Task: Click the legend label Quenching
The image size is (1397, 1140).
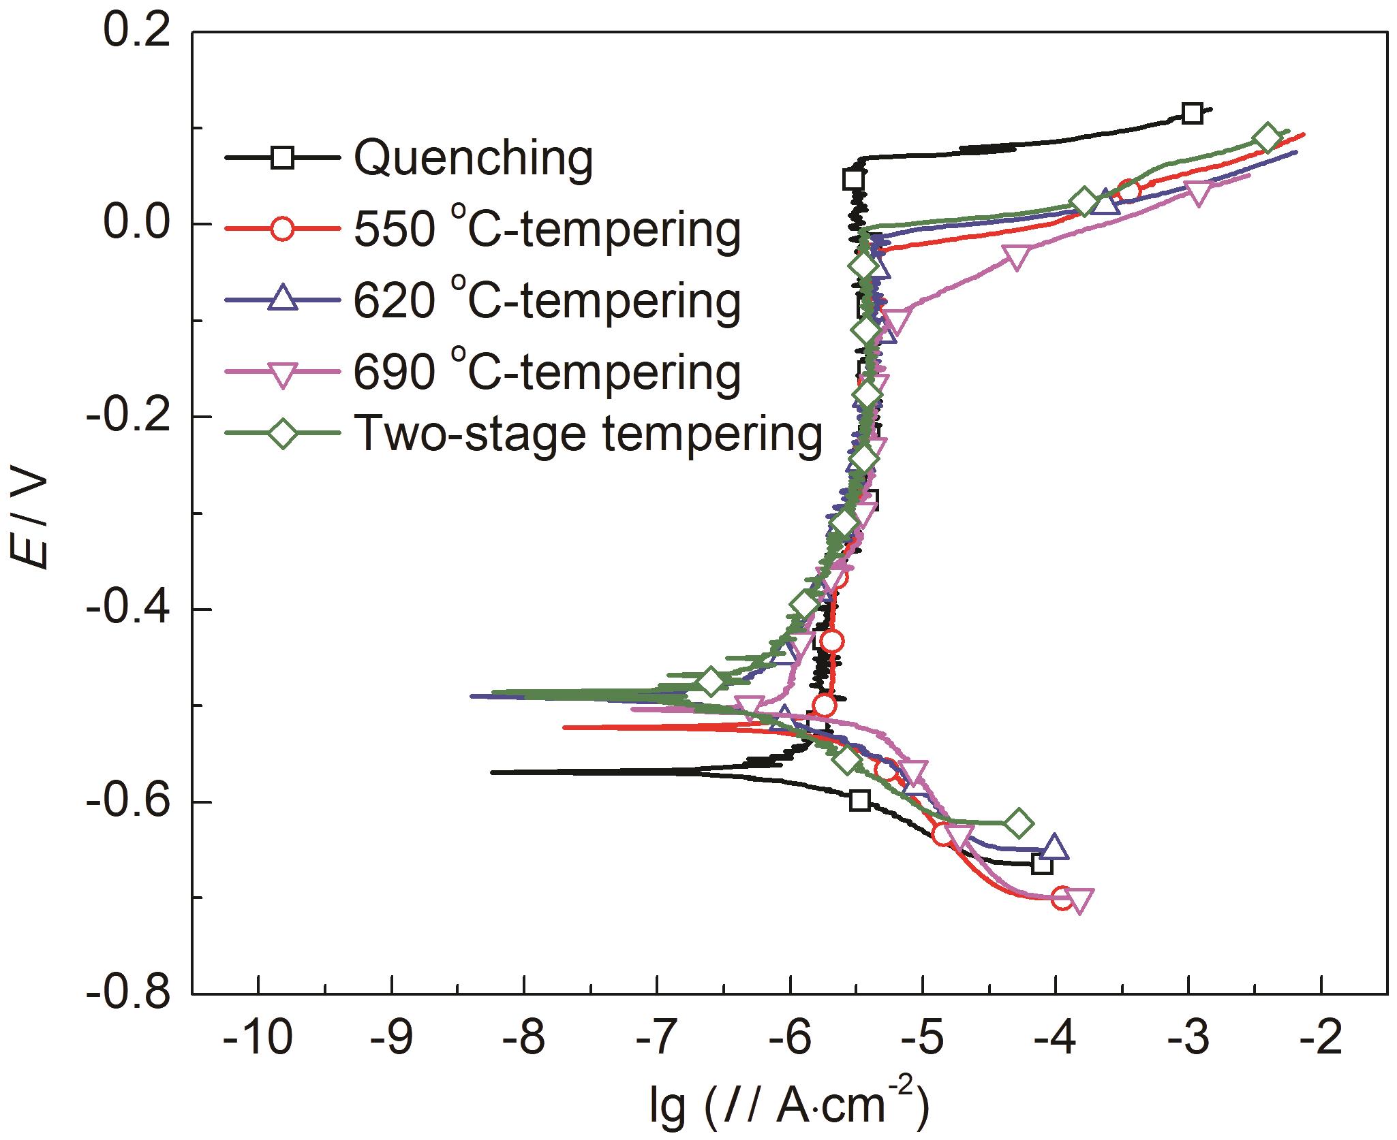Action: coord(474,158)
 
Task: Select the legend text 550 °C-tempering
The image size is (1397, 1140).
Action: coord(547,229)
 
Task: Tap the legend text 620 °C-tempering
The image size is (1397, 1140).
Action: coord(547,300)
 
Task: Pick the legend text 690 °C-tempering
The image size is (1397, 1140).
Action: coord(547,371)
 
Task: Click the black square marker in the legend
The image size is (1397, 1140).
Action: coord(282,158)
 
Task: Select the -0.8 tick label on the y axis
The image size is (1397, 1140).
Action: coord(129,994)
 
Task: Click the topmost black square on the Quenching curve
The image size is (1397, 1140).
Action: coord(1191,113)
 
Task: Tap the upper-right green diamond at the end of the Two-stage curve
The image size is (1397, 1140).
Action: coord(1267,138)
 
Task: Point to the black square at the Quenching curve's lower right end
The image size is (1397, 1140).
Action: coord(1043,864)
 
